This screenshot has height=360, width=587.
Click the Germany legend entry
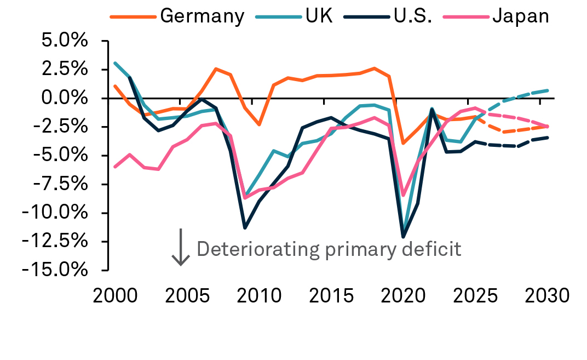(x=202, y=16)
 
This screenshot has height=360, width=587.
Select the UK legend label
(x=319, y=16)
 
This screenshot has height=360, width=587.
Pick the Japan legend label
(x=520, y=16)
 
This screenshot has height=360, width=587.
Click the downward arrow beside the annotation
(x=181, y=247)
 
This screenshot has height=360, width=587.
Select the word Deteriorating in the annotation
(x=258, y=249)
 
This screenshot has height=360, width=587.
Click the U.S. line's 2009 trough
(x=245, y=227)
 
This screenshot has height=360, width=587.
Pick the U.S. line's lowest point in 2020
(x=404, y=237)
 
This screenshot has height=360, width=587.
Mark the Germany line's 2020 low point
(x=404, y=143)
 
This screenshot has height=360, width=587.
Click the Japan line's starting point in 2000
(x=115, y=167)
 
